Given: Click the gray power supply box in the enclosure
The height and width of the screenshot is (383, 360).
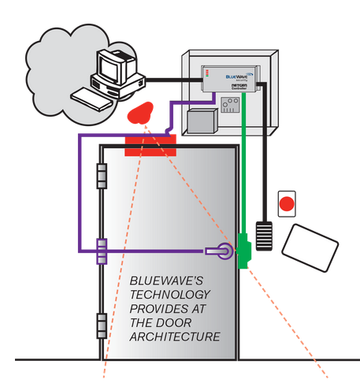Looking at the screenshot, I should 201,121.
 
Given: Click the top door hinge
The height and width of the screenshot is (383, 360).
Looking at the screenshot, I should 101,176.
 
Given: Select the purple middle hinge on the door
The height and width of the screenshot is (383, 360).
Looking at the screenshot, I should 101,251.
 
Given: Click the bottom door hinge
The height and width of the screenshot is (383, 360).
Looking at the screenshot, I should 101,323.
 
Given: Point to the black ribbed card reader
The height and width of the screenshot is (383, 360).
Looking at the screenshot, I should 264,236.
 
